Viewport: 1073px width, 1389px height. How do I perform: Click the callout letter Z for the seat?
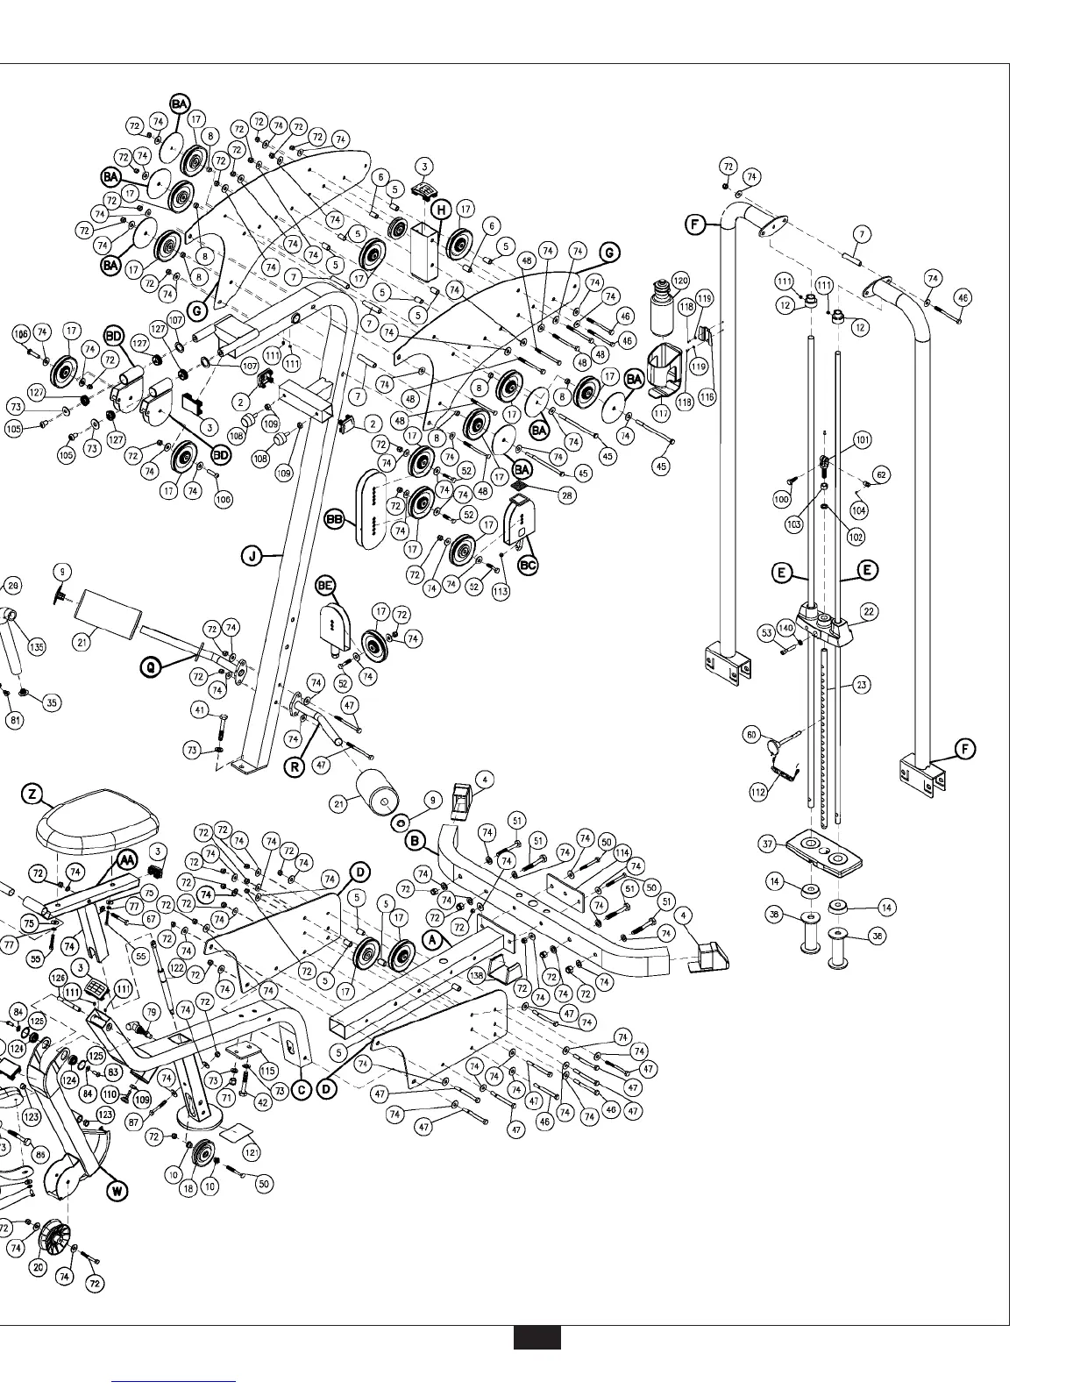tap(32, 794)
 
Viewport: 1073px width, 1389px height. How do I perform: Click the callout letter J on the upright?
tap(252, 555)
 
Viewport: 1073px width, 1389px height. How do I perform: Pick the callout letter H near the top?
tap(440, 210)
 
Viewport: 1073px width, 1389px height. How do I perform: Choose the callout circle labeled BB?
tap(334, 520)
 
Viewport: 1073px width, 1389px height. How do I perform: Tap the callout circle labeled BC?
tap(528, 566)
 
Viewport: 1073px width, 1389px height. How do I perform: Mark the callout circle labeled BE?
tap(326, 584)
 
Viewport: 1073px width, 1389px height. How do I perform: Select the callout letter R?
tap(295, 767)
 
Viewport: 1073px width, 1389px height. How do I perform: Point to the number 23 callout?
tap(861, 685)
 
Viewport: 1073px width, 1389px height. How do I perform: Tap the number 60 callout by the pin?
tap(752, 735)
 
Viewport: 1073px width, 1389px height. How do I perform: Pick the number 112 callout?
tap(758, 792)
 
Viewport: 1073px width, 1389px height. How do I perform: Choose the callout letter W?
tap(116, 1190)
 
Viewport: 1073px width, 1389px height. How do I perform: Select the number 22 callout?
tap(869, 610)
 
